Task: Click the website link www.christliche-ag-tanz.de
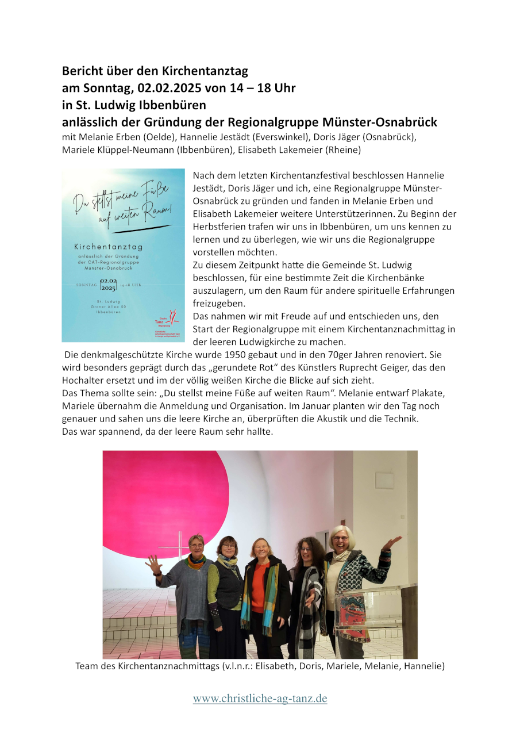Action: point(260,699)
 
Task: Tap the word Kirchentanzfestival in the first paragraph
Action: point(314,175)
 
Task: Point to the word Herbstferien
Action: point(218,227)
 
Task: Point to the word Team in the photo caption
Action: point(87,666)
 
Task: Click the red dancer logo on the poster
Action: point(173,317)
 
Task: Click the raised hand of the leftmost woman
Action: point(153,563)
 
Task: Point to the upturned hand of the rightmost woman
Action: point(394,542)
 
